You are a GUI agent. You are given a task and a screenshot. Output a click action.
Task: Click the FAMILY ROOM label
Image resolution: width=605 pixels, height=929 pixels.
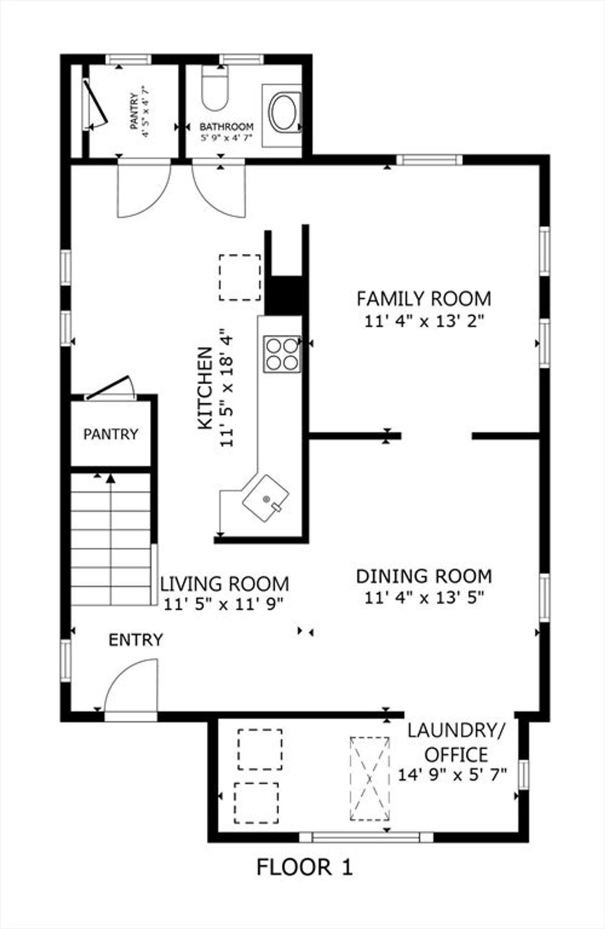pyautogui.click(x=424, y=299)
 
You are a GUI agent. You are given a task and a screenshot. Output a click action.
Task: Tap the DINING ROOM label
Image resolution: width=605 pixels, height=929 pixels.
pyautogui.click(x=424, y=576)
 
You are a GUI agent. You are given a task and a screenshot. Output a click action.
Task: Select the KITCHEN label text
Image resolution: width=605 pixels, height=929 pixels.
pyautogui.click(x=205, y=388)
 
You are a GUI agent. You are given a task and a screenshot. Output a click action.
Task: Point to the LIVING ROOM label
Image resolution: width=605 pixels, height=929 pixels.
pyautogui.click(x=225, y=584)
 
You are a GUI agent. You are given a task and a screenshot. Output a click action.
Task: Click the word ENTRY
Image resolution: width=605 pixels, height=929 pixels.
pyautogui.click(x=136, y=640)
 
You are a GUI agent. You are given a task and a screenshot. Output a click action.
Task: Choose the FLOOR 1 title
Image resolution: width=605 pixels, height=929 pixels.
pyautogui.click(x=305, y=867)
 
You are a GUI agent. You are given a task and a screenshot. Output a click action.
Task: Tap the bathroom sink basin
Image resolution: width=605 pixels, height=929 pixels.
pyautogui.click(x=283, y=113)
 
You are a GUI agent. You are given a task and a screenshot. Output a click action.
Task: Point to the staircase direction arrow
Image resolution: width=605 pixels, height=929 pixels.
pyautogui.click(x=110, y=539)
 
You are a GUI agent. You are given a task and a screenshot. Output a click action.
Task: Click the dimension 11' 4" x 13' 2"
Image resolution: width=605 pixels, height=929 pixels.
pyautogui.click(x=424, y=321)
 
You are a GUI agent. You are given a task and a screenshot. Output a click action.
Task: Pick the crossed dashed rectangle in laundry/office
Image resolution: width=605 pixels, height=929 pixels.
pyautogui.click(x=370, y=778)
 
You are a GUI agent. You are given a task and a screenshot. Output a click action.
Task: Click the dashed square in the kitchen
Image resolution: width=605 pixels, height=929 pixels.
pyautogui.click(x=240, y=277)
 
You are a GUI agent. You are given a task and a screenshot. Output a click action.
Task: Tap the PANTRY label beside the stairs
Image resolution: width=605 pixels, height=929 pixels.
pyautogui.click(x=111, y=434)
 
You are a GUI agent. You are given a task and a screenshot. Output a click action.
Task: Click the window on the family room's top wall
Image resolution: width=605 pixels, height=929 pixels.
pyautogui.click(x=429, y=159)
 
